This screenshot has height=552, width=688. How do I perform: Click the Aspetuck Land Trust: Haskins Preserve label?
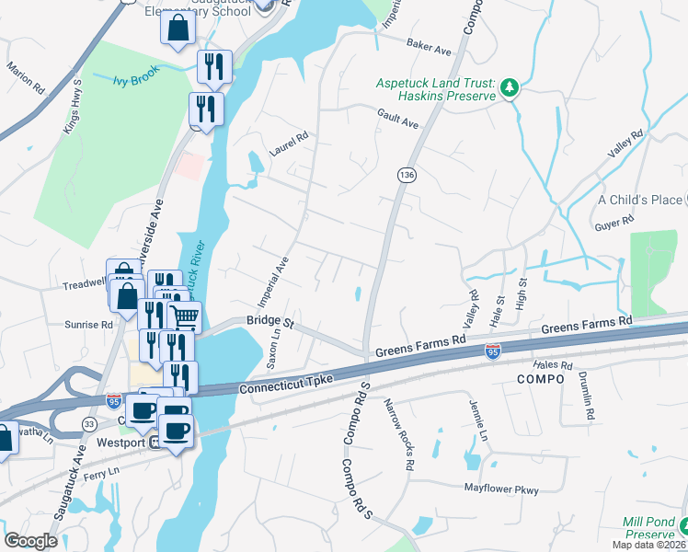pos(435,89)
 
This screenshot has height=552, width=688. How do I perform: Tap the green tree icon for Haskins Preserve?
pos(509,88)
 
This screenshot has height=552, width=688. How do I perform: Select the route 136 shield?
pos(405,174)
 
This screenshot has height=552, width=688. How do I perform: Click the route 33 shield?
pos(89,424)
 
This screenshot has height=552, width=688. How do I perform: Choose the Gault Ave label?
pos(397,117)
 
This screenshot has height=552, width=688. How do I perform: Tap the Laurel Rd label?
pos(287,141)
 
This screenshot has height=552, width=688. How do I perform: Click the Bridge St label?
pos(269,322)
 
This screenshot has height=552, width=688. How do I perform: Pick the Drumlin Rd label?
pos(585,396)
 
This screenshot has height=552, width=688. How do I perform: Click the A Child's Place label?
pos(640,200)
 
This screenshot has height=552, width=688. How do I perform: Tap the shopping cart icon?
pos(186,316)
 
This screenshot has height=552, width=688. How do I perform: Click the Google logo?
pos(30,541)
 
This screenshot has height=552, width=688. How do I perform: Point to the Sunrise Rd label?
pos(88,325)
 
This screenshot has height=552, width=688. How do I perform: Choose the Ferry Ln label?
pos(101,471)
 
